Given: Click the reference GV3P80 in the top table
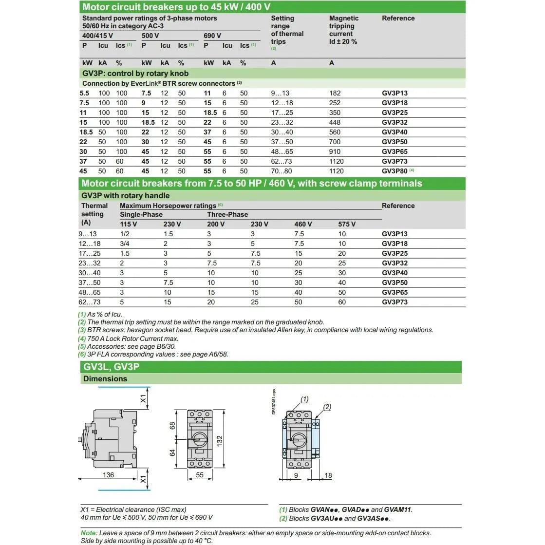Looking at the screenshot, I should coord(394,171).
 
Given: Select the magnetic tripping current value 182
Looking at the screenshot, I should coord(335,93).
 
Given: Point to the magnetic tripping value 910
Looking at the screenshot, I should coord(335,151).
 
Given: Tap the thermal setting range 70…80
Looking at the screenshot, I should coord(282,171).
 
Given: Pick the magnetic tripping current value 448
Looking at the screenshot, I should coord(335,122).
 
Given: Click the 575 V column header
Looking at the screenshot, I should coord(347,224).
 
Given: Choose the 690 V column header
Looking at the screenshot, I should coord(212,36).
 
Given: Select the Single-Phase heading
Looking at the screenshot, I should coord(141,214).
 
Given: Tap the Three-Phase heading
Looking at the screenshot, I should coord(227,214).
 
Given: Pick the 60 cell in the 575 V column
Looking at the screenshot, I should coord(342,302).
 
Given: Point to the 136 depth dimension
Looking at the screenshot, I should coord(108,475).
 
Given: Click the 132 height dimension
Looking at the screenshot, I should coord(220,440).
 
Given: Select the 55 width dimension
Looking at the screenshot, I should coord(200,475).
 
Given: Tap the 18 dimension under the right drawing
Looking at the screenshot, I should coord(328,475).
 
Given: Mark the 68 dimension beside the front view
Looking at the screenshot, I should coord(172,425).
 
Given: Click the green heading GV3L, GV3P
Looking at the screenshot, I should coord(112,367).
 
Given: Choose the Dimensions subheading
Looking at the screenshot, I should coord(105,379).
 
